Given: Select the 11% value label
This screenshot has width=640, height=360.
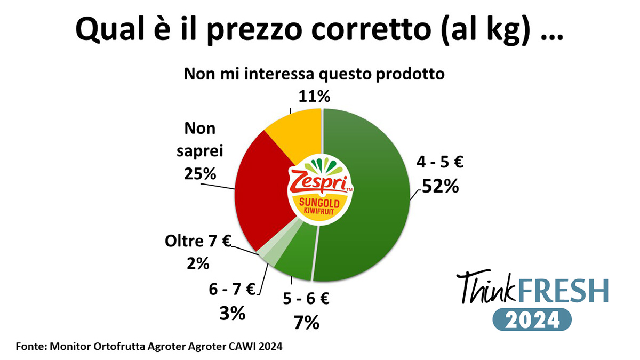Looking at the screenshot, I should [x=315, y=97].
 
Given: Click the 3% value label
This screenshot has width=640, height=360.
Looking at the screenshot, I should [x=232, y=313].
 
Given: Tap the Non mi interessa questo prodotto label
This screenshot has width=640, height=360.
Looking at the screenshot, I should [x=314, y=74].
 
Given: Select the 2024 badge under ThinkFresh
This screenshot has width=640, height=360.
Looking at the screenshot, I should [x=532, y=320].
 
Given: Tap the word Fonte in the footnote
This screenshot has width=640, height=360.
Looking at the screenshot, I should [x=30, y=346].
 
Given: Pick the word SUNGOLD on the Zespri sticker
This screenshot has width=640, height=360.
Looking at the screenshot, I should [x=321, y=203].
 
